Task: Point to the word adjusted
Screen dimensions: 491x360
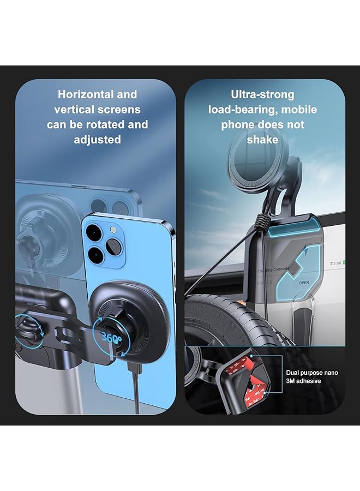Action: pyautogui.click(x=97, y=140)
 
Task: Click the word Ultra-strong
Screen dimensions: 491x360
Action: pyautogui.click(x=262, y=94)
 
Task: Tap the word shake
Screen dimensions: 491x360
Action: pyautogui.click(x=262, y=140)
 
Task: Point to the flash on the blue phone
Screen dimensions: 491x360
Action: pyautogui.click(x=113, y=230)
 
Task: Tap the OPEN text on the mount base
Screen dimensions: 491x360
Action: pyautogui.click(x=304, y=284)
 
